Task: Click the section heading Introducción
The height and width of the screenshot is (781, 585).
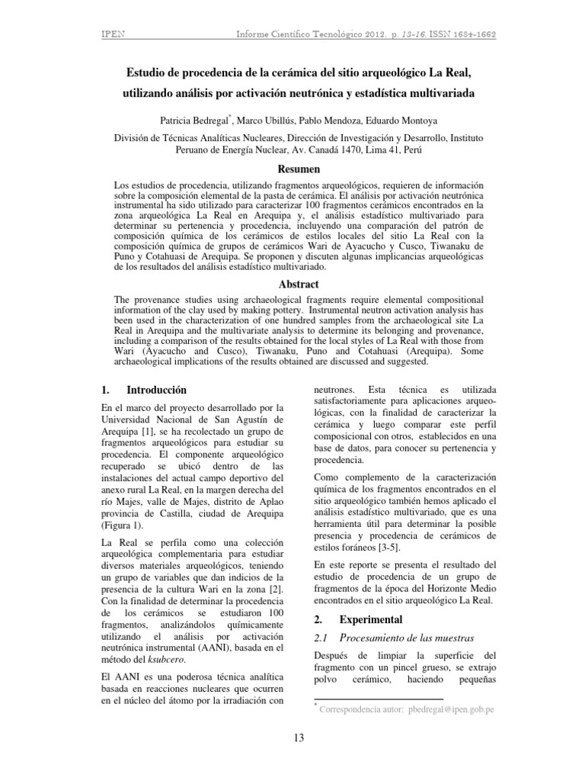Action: (x=156, y=389)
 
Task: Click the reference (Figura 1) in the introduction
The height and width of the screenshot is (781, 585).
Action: (x=124, y=525)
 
